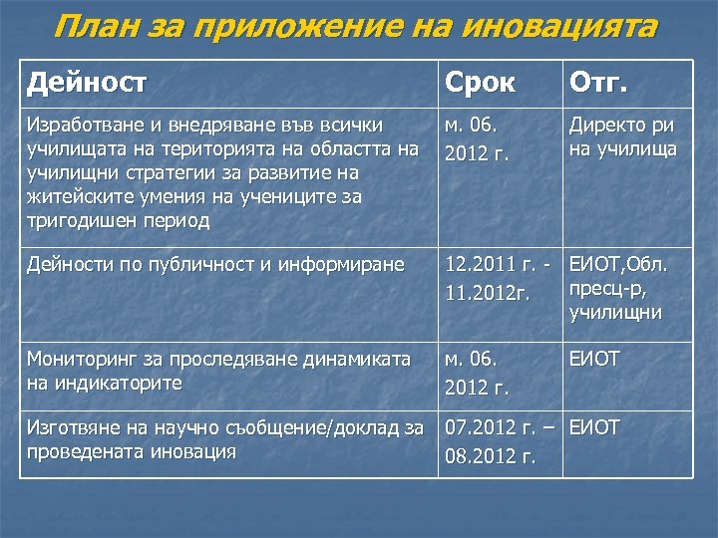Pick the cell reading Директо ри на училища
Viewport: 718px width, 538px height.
623,137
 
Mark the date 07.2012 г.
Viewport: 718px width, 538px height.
489,429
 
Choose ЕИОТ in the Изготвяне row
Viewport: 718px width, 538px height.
594,428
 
